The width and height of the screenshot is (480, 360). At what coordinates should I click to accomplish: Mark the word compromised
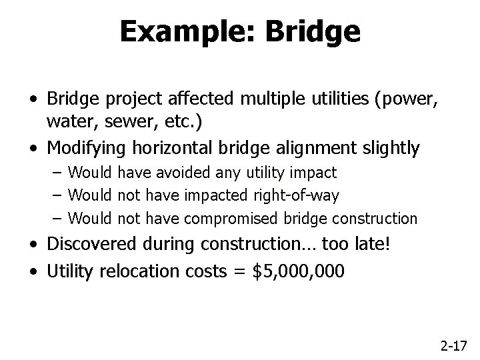pyautogui.click(x=229, y=218)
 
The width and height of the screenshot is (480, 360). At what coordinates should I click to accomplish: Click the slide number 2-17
pyautogui.click(x=454, y=345)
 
